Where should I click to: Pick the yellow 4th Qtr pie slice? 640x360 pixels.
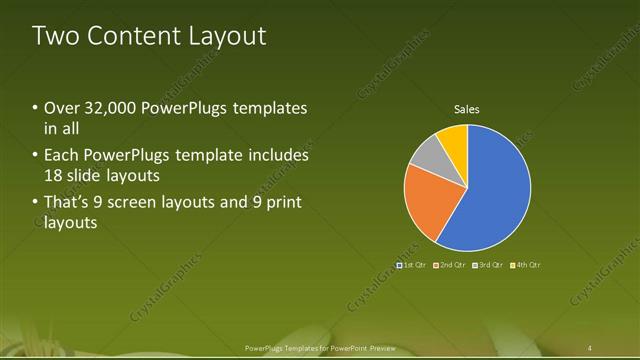454,139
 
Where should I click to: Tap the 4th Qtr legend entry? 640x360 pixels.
527,265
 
